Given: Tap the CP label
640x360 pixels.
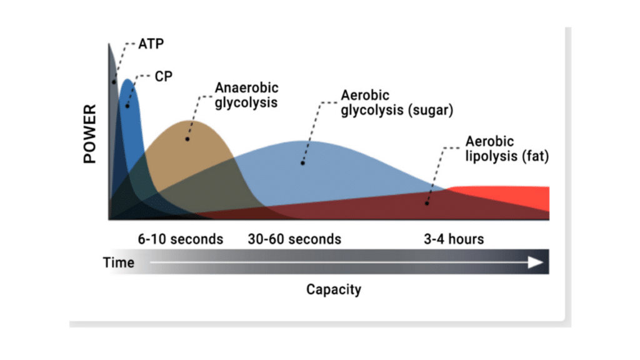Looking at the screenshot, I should [x=163, y=77].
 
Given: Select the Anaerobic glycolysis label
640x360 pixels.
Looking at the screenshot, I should [x=246, y=95].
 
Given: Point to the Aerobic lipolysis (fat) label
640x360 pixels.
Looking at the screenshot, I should [x=506, y=149].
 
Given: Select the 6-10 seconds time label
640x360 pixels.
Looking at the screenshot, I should [x=180, y=239].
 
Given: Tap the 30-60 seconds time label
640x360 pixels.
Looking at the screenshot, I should [x=294, y=239].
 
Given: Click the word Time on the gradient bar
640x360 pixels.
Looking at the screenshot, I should [x=119, y=262].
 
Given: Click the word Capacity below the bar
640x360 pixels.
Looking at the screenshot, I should [x=334, y=290].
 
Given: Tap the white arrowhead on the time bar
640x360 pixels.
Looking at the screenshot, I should [x=536, y=262].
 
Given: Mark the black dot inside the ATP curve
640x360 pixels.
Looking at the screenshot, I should [x=114, y=82].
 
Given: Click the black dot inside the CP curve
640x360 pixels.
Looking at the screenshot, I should [x=127, y=106].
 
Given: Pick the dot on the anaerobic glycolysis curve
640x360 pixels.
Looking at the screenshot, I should [x=187, y=139].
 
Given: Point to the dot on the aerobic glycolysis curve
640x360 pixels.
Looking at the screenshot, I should [x=302, y=162].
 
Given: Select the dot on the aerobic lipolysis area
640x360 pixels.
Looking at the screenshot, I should [x=427, y=202].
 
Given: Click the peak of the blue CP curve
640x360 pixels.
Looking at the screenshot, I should [x=127, y=79].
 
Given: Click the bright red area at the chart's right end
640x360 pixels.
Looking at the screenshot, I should [x=531, y=199].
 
